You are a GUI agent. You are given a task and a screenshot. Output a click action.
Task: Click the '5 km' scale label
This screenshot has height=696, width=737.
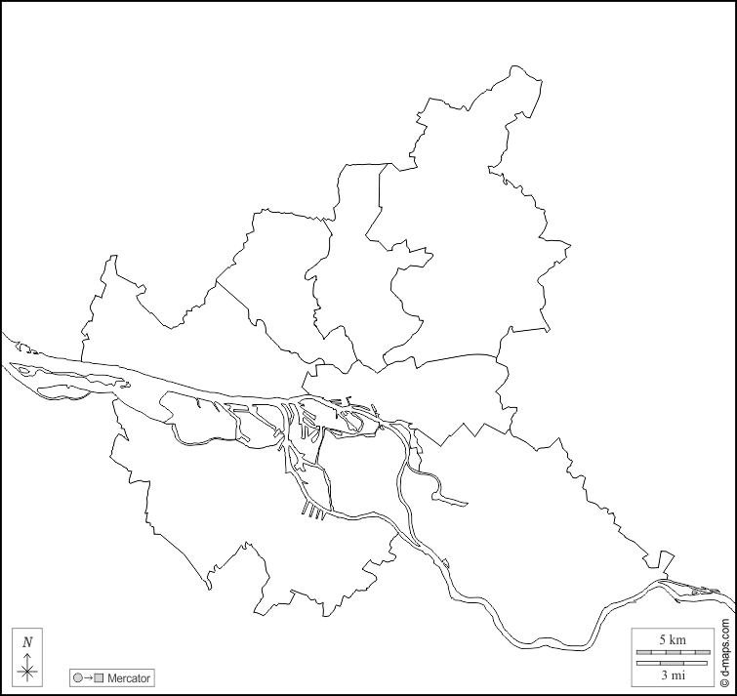[673, 638]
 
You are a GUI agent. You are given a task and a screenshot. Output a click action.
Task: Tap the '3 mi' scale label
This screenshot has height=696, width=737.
[673, 675]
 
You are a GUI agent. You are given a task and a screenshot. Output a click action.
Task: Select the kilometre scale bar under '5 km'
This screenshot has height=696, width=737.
[673, 651]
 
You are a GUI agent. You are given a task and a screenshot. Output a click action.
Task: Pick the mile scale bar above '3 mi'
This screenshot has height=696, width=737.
[673, 663]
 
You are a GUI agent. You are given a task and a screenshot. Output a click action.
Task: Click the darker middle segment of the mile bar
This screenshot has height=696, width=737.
[672, 663]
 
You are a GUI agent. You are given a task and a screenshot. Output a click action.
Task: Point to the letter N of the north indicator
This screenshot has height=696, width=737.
[27, 641]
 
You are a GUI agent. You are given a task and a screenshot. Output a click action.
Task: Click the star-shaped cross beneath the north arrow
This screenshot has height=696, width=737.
[27, 671]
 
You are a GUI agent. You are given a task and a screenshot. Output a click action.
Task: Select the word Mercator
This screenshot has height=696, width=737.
[129, 677]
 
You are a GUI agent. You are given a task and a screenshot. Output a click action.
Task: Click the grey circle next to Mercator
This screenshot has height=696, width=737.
[77, 677]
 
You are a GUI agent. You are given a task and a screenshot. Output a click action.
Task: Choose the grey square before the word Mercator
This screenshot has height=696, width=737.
[99, 677]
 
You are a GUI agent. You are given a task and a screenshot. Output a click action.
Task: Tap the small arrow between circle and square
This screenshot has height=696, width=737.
[88, 677]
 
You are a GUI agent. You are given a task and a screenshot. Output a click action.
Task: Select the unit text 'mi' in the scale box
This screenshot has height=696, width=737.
[678, 675]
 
